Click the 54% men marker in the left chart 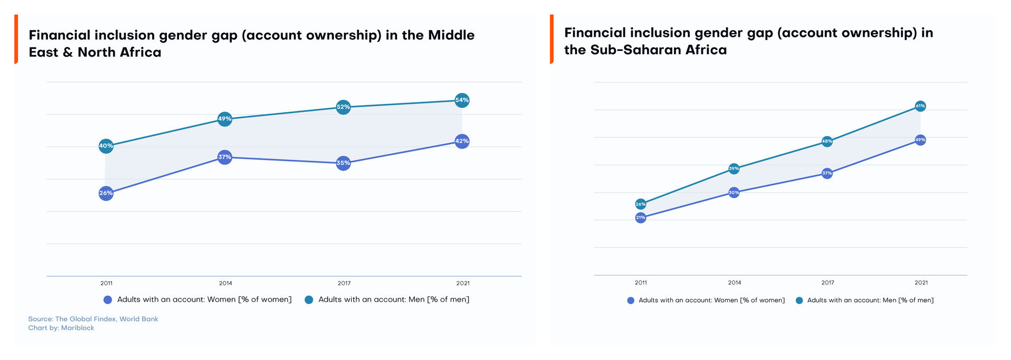pyautogui.click(x=462, y=100)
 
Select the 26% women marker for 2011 pyautogui.click(x=106, y=193)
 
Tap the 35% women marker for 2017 pyautogui.click(x=343, y=163)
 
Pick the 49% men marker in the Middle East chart pyautogui.click(x=225, y=118)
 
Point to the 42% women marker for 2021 pyautogui.click(x=462, y=141)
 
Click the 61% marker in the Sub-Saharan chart pyautogui.click(x=920, y=106)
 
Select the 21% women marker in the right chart pyautogui.click(x=640, y=217)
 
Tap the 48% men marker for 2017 pyautogui.click(x=827, y=141)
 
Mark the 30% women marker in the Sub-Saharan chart pyautogui.click(x=734, y=193)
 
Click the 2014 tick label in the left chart pyautogui.click(x=225, y=283)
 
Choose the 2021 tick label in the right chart pyautogui.click(x=921, y=283)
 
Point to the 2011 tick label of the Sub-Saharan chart pyautogui.click(x=640, y=283)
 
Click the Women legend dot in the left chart pyautogui.click(x=108, y=300)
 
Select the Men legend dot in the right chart pyautogui.click(x=799, y=301)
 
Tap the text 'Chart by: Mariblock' pyautogui.click(x=61, y=328)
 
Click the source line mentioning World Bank pyautogui.click(x=93, y=319)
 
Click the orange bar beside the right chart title pyautogui.click(x=551, y=39)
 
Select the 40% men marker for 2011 pyautogui.click(x=106, y=146)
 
